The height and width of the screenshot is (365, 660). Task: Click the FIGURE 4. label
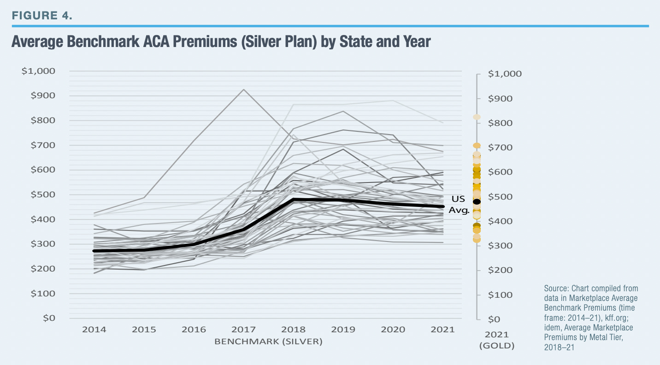coord(42,15)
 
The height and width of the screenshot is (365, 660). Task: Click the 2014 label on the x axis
coord(94,330)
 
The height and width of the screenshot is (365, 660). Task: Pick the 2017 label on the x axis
coord(244,330)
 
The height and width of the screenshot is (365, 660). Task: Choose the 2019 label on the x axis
coord(343,330)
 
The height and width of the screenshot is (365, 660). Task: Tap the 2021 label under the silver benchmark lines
coord(443,330)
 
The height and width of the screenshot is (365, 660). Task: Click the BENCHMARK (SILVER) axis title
coord(268,341)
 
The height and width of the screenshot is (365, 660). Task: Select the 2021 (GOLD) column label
coord(496,340)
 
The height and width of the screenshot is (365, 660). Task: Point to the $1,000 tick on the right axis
coord(504,74)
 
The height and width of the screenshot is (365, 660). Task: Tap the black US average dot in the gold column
coord(477,201)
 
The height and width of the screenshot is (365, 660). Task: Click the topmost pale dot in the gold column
coord(477,117)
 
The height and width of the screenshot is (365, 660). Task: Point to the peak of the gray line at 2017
coord(244,89)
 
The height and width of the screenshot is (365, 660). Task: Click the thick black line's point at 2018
coord(294,200)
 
